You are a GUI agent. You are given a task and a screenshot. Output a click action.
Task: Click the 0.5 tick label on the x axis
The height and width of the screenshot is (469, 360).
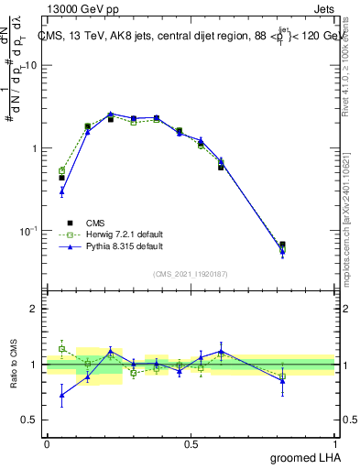click(191, 443)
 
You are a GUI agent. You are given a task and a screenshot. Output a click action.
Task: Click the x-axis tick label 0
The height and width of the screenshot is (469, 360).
click(47, 443)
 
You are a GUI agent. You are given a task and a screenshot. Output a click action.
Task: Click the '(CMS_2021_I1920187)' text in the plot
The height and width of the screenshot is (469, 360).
click(191, 273)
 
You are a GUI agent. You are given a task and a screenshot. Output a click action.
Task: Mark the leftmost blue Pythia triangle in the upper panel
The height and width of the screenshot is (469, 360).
click(61, 191)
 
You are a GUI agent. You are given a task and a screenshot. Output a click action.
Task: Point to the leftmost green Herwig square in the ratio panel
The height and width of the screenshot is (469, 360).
click(61, 349)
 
